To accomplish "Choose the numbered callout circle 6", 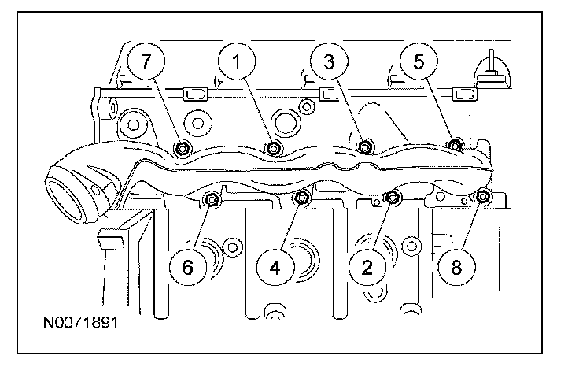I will point(187,266).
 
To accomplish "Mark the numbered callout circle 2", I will point(367,266).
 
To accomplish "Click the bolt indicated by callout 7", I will point(183,147).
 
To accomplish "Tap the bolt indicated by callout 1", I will point(274,147).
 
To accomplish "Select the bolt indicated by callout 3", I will point(364,146).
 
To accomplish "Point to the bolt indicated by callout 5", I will point(454,144).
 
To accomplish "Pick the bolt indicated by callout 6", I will point(211,200).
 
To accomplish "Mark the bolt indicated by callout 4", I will point(301,198).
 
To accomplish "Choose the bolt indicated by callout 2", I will point(393,197).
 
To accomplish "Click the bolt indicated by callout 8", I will point(483,196).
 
